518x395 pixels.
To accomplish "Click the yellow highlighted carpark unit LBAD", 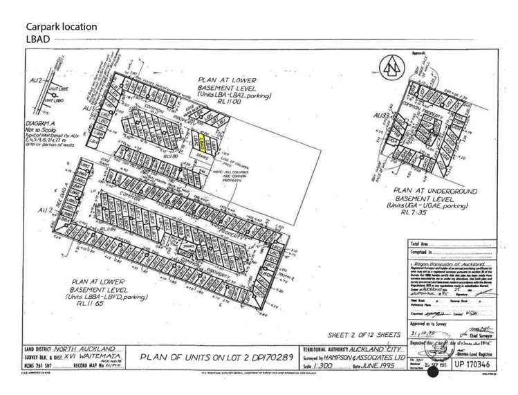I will (202, 143).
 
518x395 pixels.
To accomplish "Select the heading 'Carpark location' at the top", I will (61, 26).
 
